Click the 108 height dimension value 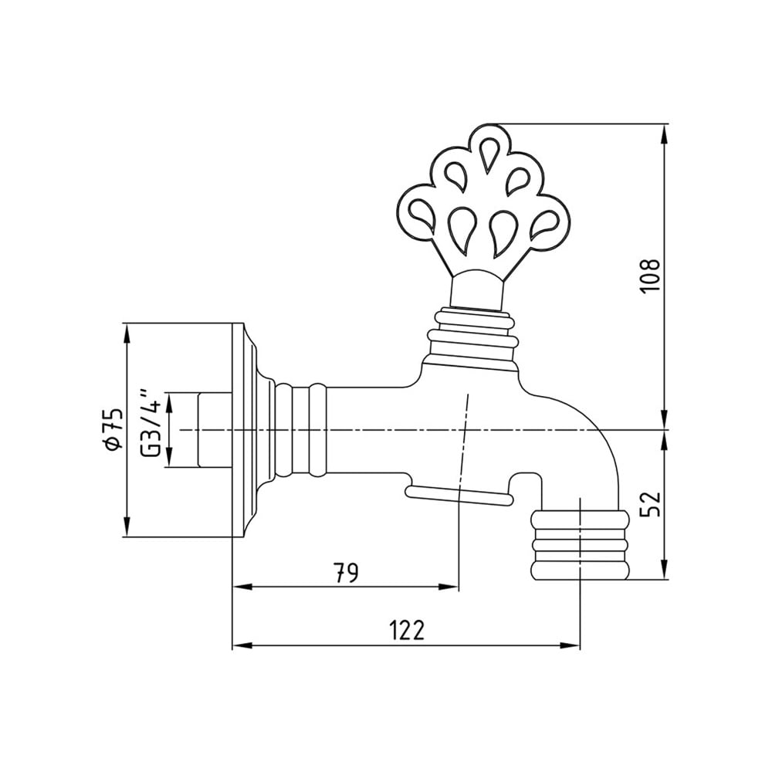pyautogui.click(x=651, y=276)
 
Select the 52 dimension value pyautogui.click(x=651, y=504)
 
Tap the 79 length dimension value pyautogui.click(x=346, y=573)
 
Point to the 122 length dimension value pyautogui.click(x=406, y=630)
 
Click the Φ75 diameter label pyautogui.click(x=112, y=428)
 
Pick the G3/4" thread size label pyautogui.click(x=151, y=423)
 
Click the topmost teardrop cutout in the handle pyautogui.click(x=489, y=155)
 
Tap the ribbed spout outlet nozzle pyautogui.click(x=580, y=546)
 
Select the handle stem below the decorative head pyautogui.click(x=476, y=289)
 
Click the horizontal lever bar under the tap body pyautogui.click(x=459, y=495)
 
